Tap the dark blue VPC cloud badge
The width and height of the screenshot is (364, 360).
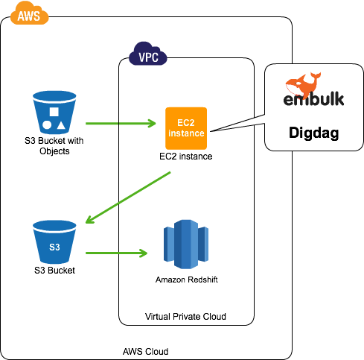pos(148,56)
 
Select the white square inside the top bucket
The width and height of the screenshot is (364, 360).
pos(54,112)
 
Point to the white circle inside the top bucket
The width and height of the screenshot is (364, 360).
pos(47,124)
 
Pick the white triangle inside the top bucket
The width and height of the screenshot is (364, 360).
pos(61,124)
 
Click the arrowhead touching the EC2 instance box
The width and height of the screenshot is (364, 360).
pos(152,123)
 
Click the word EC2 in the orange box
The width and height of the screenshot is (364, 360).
pos(185,122)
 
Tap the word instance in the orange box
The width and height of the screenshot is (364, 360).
pos(185,133)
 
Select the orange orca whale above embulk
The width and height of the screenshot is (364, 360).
pos(303,83)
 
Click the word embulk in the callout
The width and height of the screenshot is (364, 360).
pos(313,100)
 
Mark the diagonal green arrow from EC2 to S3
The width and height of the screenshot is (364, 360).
pos(130,197)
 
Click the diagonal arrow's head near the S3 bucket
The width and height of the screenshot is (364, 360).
pos(90,219)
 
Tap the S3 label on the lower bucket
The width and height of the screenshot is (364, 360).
pos(54,247)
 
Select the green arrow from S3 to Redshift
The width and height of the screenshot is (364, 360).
pos(115,253)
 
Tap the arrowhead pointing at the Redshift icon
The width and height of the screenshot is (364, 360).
pos(144,253)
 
